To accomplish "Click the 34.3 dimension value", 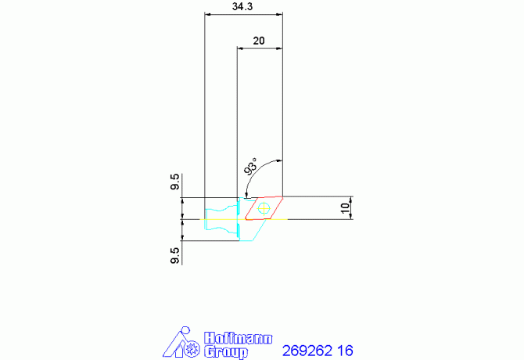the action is (242, 7).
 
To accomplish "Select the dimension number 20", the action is (259, 41).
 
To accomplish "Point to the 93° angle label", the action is (250, 167).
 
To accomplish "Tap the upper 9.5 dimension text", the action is (174, 182).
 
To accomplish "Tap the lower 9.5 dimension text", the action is (174, 256).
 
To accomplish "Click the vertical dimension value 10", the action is (345, 208).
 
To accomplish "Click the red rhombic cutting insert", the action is (264, 208).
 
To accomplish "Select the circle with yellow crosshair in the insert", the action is (264, 209).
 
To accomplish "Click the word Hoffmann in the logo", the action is (238, 338).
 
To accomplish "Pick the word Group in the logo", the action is (226, 352).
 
